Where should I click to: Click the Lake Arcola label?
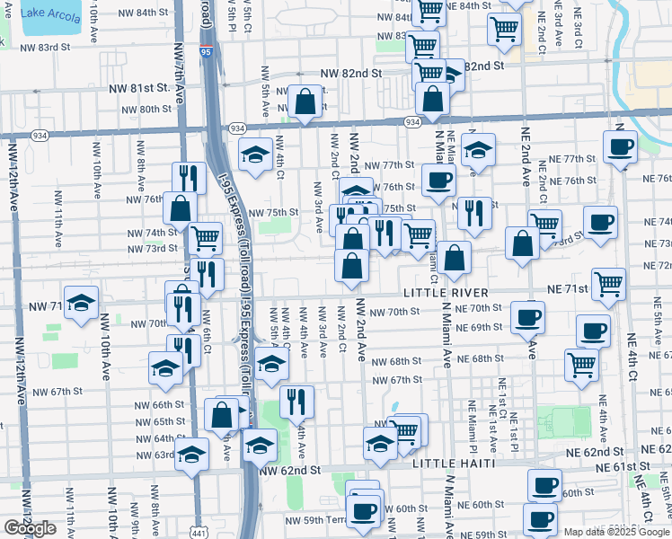coord(51,13)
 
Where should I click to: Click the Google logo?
coord(30,527)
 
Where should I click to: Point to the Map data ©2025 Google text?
coord(616,532)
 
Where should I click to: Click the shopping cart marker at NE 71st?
coord(609,284)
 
